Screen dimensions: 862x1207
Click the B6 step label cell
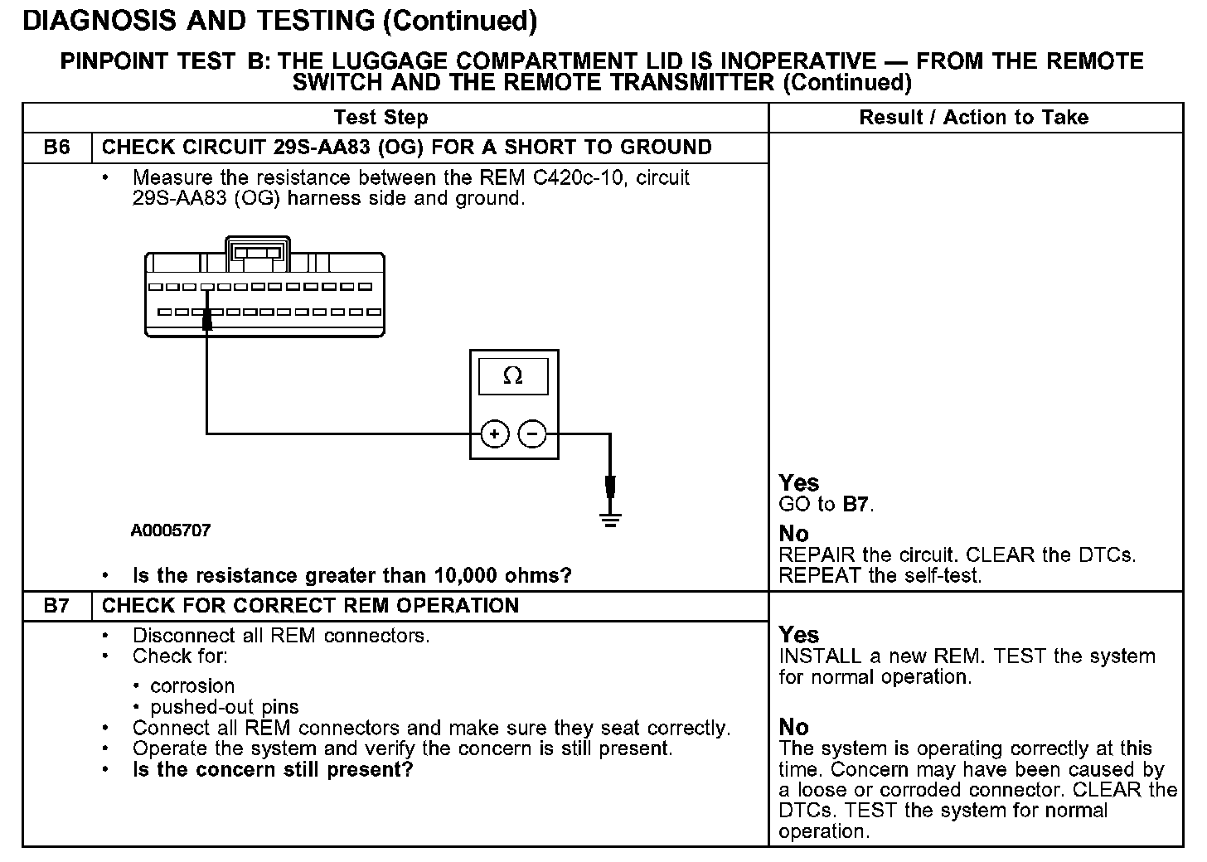[x=56, y=148]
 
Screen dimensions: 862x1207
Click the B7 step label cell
[x=56, y=606]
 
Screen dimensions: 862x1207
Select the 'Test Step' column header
[x=381, y=118]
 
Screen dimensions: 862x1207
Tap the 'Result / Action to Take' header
[x=973, y=118]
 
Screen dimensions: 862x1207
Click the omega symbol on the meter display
[x=513, y=376]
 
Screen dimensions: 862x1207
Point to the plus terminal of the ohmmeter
[x=495, y=433]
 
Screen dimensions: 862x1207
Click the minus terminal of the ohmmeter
[x=532, y=433]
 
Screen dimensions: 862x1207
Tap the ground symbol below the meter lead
[x=611, y=520]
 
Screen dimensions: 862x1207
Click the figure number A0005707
[x=171, y=530]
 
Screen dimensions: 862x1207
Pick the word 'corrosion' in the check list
[x=192, y=686]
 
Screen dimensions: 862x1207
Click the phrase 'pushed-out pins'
[x=224, y=707]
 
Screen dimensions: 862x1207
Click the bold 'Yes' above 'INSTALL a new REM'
[x=799, y=636]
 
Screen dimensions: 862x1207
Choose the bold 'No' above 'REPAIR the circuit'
[x=793, y=534]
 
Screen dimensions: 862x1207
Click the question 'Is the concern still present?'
[x=273, y=770]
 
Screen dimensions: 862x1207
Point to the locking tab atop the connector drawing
[x=258, y=251]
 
